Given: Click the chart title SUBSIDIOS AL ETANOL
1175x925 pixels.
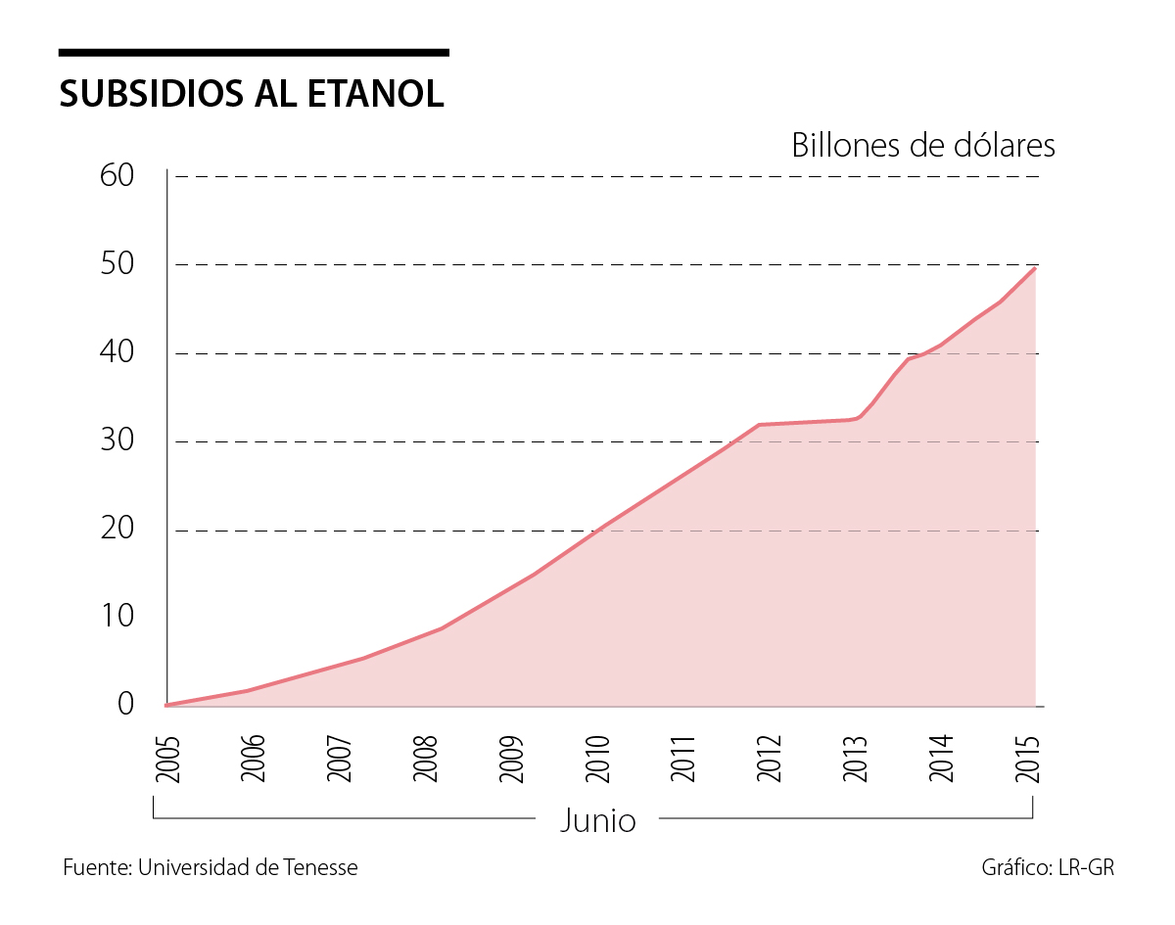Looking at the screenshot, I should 252,93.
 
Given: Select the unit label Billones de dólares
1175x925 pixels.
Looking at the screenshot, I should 923,145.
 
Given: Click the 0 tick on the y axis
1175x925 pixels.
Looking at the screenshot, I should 125,704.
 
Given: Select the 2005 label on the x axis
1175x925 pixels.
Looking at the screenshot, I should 167,758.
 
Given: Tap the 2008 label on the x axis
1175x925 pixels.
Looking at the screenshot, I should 425,758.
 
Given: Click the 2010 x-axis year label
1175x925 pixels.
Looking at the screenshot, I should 597,758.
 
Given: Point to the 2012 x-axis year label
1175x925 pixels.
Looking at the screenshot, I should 770,758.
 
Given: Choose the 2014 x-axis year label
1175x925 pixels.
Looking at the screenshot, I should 941,758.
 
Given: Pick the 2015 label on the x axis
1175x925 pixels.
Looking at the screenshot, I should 1027,758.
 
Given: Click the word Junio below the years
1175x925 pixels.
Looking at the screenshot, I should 597,820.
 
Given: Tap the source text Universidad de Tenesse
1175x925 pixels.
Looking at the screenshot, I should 248,867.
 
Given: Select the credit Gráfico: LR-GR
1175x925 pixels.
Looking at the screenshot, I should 1048,867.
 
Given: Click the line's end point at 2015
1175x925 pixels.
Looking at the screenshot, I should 1035,267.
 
